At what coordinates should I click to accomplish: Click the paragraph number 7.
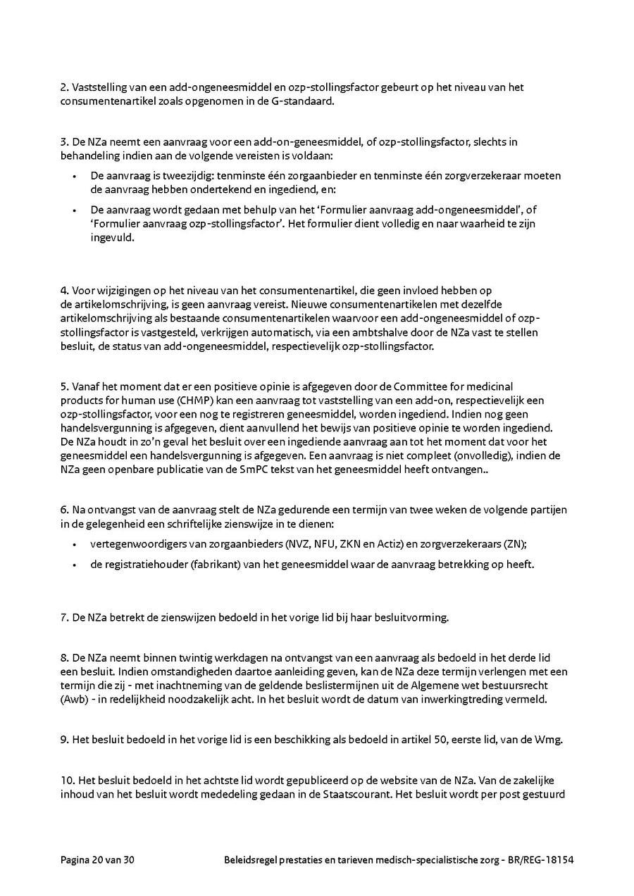[x=63, y=617]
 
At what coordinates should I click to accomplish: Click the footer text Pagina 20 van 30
[x=97, y=860]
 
